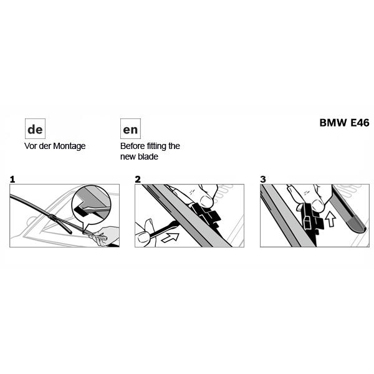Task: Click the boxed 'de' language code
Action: coord(35,129)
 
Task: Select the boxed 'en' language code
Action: coord(130,129)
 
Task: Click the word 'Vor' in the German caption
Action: coord(31,146)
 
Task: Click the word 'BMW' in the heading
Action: coord(333,123)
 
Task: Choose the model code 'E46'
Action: coord(360,123)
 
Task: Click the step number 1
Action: coord(12,180)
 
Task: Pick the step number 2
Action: coord(138,180)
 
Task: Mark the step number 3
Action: coord(263,180)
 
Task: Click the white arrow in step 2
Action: coord(170,237)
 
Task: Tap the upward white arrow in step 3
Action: coord(330,219)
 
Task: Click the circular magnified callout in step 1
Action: coord(92,204)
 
